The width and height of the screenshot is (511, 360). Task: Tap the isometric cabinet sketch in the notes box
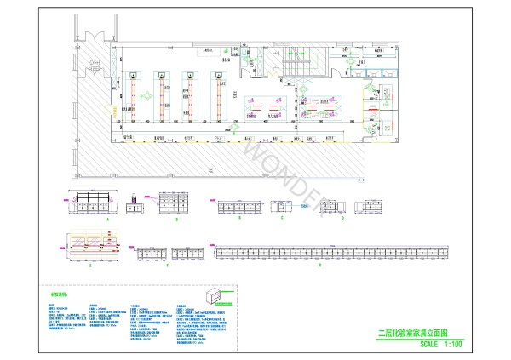(220, 296)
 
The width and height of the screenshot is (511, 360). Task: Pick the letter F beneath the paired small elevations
(169, 266)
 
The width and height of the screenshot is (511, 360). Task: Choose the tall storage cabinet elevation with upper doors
(176, 203)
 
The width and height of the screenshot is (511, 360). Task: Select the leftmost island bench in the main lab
(134, 99)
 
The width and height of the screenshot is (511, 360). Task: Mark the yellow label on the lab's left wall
(111, 110)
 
